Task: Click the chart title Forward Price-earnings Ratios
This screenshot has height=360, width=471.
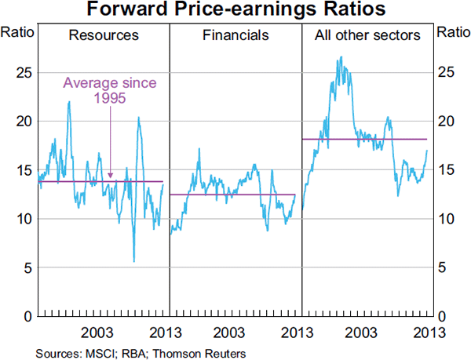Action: point(235,10)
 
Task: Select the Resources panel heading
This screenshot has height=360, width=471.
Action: point(104,35)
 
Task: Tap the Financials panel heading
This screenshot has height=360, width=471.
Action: point(235,35)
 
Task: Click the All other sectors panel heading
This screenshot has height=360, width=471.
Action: point(367,35)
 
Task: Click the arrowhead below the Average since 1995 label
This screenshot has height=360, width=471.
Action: point(111,176)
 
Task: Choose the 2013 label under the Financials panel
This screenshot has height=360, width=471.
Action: point(293,330)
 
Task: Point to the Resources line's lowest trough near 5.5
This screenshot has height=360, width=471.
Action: point(134,262)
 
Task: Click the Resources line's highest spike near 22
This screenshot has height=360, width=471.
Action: point(69,102)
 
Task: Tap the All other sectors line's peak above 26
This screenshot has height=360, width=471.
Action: point(340,56)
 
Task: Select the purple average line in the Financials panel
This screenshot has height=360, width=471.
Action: point(235,195)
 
